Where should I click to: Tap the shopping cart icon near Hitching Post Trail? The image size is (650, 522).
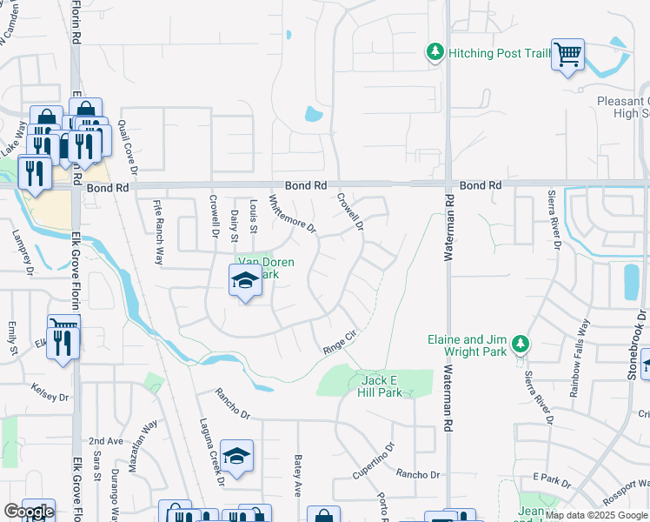point(567,55)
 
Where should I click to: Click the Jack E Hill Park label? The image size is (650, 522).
point(381,386)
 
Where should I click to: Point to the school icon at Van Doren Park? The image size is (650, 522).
point(245,281)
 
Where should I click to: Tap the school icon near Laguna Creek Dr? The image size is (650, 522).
point(236,456)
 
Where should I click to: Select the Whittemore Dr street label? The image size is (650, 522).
point(292,213)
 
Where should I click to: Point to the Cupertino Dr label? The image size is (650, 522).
point(374,461)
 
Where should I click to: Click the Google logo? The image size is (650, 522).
point(29,512)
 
